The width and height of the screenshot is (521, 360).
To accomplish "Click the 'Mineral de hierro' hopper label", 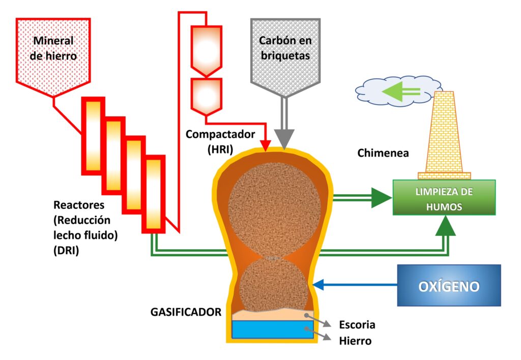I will click(x=53, y=48).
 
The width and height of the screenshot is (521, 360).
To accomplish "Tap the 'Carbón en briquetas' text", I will click(x=285, y=48).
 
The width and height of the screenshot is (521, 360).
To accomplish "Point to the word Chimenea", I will click(x=383, y=153).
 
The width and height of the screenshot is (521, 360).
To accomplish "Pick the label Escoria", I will click(x=357, y=325).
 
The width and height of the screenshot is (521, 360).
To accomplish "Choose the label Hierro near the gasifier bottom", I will click(x=355, y=341).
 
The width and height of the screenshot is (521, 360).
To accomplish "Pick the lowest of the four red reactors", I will click(x=154, y=193).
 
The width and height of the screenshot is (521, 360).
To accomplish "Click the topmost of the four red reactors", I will click(x=93, y=135).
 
